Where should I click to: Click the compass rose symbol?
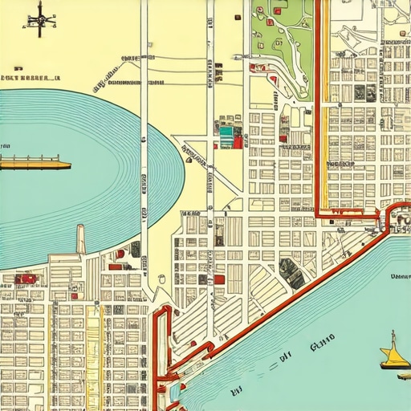39,19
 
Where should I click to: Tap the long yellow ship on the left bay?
35,165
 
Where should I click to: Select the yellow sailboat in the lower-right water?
394,354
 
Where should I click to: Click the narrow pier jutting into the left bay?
80,239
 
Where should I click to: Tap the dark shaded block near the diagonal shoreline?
292,274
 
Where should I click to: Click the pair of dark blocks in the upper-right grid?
364,92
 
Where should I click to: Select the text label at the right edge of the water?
400,276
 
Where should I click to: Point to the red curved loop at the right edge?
395,215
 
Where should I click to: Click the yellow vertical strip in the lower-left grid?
92,353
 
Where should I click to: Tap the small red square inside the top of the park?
278,11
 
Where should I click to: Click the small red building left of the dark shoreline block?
219,279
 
